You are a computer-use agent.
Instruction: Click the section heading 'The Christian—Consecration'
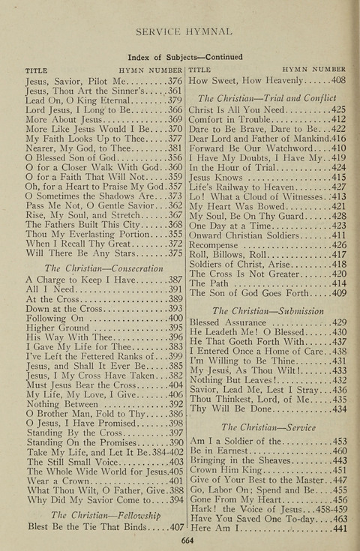pyautogui.click(x=104, y=268)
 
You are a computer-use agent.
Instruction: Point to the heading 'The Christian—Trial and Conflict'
pyautogui.click(x=267, y=97)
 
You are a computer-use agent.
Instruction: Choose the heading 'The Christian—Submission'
pyautogui.click(x=267, y=310)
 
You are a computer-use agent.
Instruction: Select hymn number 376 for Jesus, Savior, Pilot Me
pyautogui.click(x=175, y=80)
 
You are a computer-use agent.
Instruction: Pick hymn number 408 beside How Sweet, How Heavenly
pyautogui.click(x=338, y=80)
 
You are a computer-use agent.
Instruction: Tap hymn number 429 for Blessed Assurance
pyautogui.click(x=338, y=322)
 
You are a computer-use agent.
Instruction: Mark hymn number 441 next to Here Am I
pyautogui.click(x=338, y=529)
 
